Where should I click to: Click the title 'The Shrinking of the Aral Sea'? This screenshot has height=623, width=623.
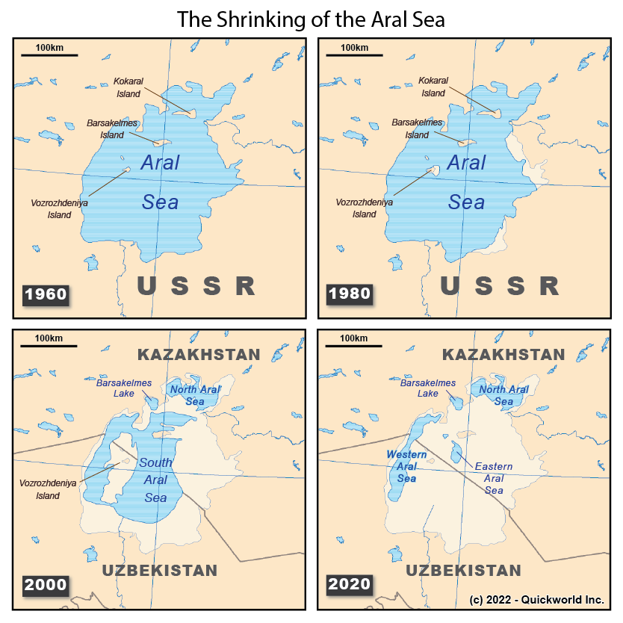click(311, 19)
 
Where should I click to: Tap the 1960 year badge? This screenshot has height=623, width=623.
click(46, 294)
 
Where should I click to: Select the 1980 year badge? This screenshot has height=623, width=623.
click(350, 293)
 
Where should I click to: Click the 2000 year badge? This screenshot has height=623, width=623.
click(46, 584)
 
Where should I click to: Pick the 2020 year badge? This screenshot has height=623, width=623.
click(350, 584)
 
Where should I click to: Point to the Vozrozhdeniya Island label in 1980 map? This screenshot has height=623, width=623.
click(365, 208)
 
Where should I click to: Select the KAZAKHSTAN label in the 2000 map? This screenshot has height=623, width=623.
click(198, 354)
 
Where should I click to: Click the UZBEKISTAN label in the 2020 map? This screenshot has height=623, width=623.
click(463, 571)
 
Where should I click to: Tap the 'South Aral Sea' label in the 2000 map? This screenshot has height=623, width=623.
click(155, 480)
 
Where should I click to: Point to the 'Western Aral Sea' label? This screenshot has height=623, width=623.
click(406, 466)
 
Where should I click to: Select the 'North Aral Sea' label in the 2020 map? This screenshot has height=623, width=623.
click(503, 395)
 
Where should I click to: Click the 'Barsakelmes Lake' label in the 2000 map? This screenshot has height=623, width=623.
click(123, 388)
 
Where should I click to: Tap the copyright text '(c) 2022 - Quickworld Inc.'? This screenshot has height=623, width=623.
click(536, 600)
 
